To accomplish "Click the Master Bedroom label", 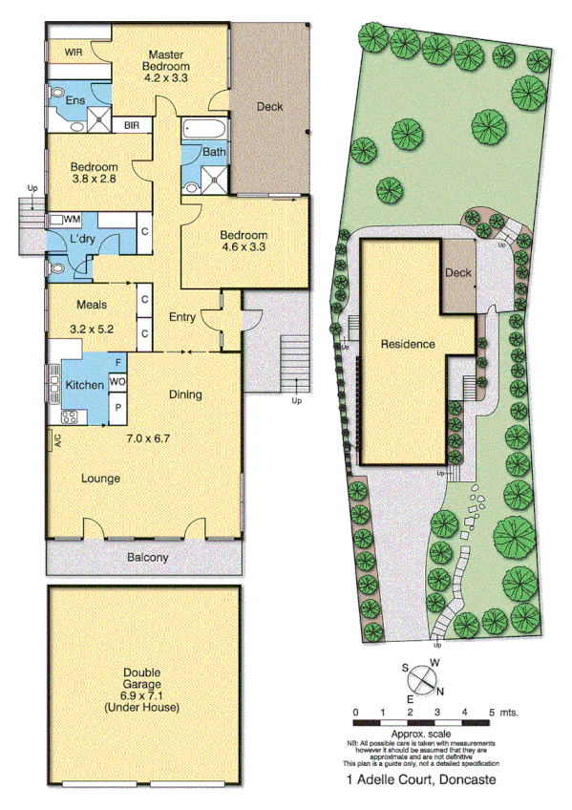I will [x=166, y=60].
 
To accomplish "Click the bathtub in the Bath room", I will [x=201, y=128].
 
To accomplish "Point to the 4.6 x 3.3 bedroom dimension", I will [x=244, y=246].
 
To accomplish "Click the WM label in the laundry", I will [x=72, y=220].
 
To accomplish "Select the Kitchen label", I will [x=83, y=386].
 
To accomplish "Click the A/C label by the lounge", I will [x=57, y=440].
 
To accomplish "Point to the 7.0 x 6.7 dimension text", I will [x=147, y=439].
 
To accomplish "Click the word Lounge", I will [x=100, y=479].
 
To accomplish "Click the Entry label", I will [x=181, y=316].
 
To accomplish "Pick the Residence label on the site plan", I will [x=408, y=344].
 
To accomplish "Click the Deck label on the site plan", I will [x=458, y=274].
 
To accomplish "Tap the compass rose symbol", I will [x=421, y=680].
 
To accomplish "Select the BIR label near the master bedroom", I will [x=133, y=123].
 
